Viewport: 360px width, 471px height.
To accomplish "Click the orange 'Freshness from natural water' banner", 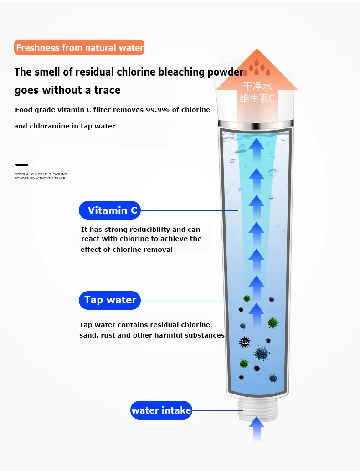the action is [x=79, y=47].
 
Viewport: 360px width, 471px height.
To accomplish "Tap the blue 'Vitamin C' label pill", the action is [x=110, y=210].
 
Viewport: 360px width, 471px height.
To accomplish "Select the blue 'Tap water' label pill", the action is [x=110, y=300].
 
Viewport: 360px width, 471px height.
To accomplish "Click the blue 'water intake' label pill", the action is [x=161, y=410].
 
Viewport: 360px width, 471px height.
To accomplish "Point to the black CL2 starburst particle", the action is [x=245, y=342].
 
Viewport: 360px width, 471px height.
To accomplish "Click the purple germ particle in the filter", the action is [x=272, y=299].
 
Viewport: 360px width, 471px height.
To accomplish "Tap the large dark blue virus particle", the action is [x=261, y=353].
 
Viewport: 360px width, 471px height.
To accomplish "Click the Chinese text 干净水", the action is [x=257, y=86].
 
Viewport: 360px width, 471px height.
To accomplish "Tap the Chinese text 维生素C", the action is [x=257, y=98].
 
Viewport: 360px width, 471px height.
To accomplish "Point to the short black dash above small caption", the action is [x=22, y=164].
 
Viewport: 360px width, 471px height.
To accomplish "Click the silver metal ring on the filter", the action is [x=255, y=124].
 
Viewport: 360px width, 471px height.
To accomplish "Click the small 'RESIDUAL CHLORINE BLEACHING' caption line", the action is [x=41, y=174].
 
